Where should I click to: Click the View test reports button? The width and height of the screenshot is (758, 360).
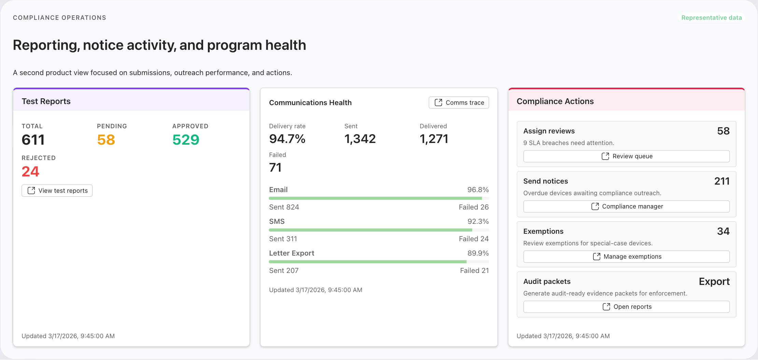pos(57,191)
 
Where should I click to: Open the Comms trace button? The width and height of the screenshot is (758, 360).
pos(459,103)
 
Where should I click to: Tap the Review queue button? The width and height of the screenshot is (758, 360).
pos(626,156)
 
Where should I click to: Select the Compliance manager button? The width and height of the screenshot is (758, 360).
pos(626,206)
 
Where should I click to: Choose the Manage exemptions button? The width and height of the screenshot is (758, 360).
pos(626,257)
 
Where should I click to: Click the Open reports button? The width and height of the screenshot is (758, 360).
pos(626,307)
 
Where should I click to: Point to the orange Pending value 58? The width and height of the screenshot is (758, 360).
pos(106,140)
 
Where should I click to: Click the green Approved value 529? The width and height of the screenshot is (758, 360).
pos(186,140)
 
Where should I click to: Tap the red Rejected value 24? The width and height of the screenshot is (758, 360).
pos(30,172)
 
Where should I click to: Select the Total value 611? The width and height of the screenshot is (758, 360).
pos(33,140)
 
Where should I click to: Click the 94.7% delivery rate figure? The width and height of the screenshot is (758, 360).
pos(287,139)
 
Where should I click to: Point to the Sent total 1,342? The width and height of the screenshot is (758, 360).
pos(360,139)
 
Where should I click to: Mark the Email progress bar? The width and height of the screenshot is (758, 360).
pos(376,198)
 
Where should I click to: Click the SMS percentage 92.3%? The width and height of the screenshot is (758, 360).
pos(478,221)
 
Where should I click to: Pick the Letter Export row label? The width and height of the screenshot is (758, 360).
pos(292,253)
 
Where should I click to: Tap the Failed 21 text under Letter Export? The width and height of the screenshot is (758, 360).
pos(474,271)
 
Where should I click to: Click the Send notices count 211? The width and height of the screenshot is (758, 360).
pos(721,181)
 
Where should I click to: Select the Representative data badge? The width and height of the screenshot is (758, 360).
pos(711,18)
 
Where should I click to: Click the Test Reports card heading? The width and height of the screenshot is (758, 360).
pos(46,101)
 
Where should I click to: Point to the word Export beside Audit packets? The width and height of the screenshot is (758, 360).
pos(714,282)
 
